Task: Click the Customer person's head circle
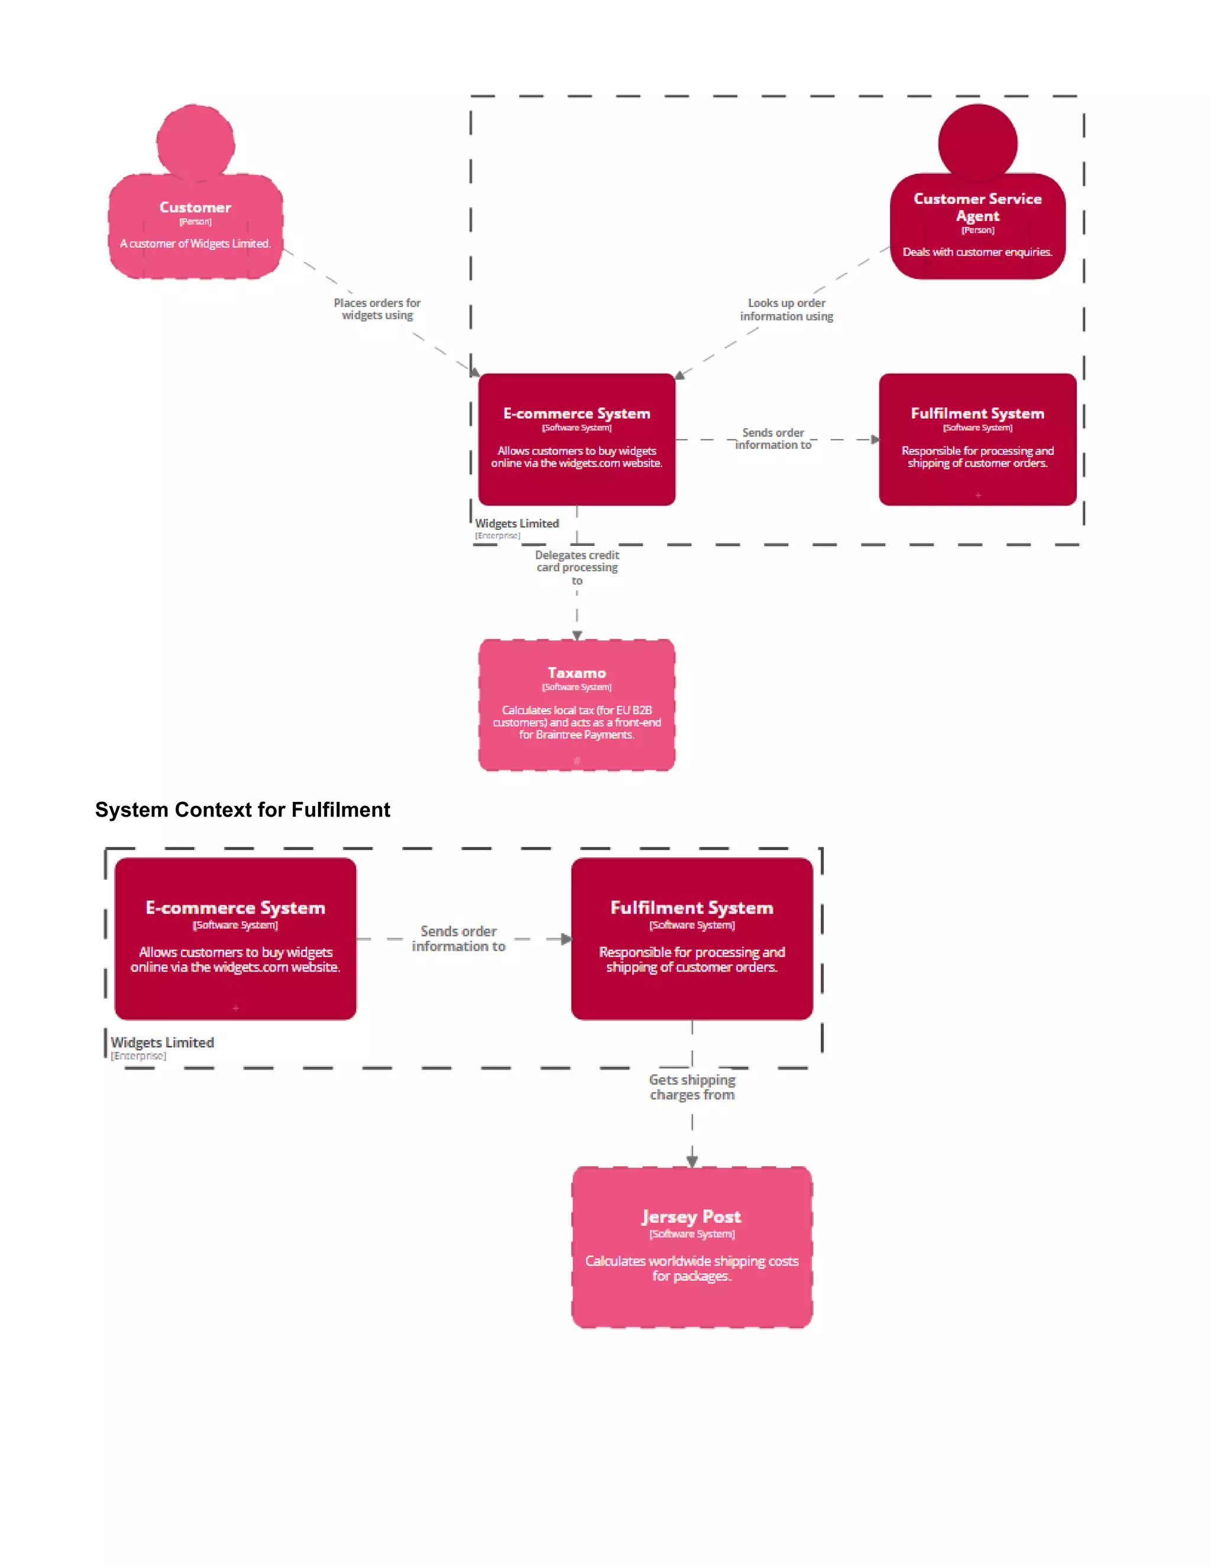tap(195, 143)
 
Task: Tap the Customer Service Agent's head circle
tap(977, 143)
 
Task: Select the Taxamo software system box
tap(577, 705)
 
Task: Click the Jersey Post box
tap(692, 1247)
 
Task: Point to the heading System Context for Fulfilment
tap(242, 810)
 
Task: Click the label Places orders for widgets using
tap(377, 309)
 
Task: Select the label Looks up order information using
tap(786, 309)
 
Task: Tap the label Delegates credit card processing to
tap(577, 567)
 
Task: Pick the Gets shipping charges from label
tap(692, 1087)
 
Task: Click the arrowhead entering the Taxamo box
tap(577, 635)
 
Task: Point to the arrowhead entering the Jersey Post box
tap(692, 1161)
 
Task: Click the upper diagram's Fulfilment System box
tap(977, 439)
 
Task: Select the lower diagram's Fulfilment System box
tap(692, 938)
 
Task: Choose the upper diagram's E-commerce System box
tap(577, 439)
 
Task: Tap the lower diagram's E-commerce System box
tap(235, 938)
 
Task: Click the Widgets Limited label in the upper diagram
tap(517, 524)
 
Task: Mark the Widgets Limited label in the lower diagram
tap(162, 1042)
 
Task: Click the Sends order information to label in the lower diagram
tap(458, 938)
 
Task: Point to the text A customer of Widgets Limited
tap(195, 244)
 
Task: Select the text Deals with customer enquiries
tap(977, 252)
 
